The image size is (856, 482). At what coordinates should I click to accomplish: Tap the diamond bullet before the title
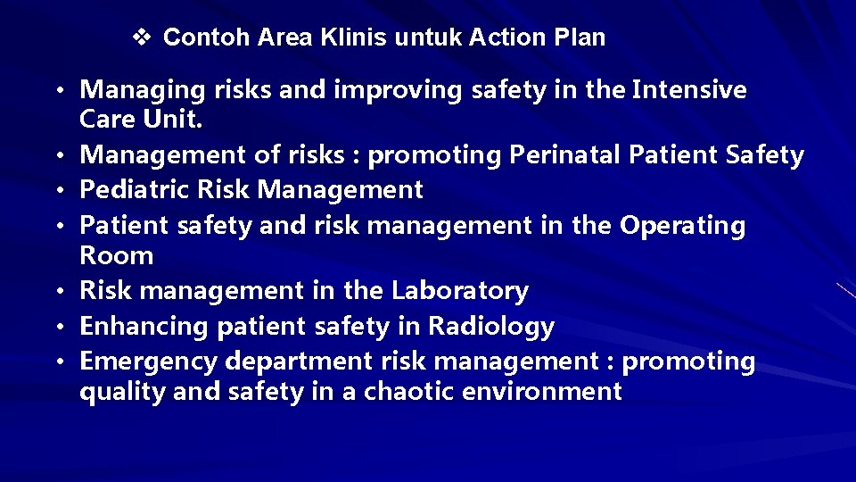[x=142, y=37]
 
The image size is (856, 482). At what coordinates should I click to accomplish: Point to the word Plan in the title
[x=580, y=37]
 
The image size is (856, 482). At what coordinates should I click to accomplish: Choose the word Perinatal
[x=565, y=155]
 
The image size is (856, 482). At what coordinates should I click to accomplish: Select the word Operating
[x=683, y=226]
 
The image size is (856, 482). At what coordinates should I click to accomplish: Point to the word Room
[x=117, y=255]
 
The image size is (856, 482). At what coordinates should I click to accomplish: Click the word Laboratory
[x=460, y=291]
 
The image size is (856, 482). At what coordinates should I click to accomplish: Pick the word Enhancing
[x=144, y=327]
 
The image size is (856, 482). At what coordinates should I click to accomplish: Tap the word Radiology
[x=491, y=327]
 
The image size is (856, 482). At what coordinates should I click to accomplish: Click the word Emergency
[x=148, y=361]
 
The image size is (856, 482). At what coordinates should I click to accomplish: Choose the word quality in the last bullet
[x=116, y=391]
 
